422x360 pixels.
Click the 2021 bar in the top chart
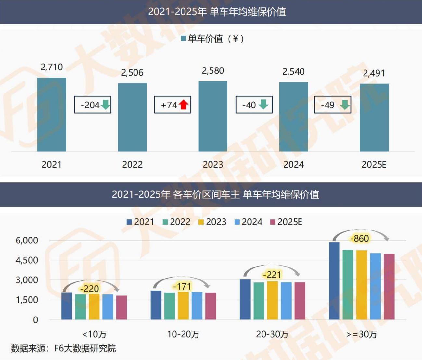[52, 114]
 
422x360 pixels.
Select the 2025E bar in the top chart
[374, 118]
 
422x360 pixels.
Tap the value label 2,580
[213, 71]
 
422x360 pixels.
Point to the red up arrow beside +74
[184, 105]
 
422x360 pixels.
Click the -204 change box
[93, 105]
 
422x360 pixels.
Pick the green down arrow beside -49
[344, 105]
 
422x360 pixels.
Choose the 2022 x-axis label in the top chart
[132, 164]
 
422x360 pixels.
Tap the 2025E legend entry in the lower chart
[286, 222]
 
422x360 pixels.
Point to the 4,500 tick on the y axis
[27, 260]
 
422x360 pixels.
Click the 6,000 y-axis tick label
[27, 241]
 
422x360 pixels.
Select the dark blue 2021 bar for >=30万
[334, 281]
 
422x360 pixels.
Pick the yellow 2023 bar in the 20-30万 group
[273, 300]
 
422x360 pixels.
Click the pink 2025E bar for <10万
[121, 307]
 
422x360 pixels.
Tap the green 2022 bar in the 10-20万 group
[170, 306]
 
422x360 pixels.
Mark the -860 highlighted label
[360, 239]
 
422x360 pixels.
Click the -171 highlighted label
[182, 286]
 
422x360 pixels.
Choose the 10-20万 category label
[183, 334]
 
